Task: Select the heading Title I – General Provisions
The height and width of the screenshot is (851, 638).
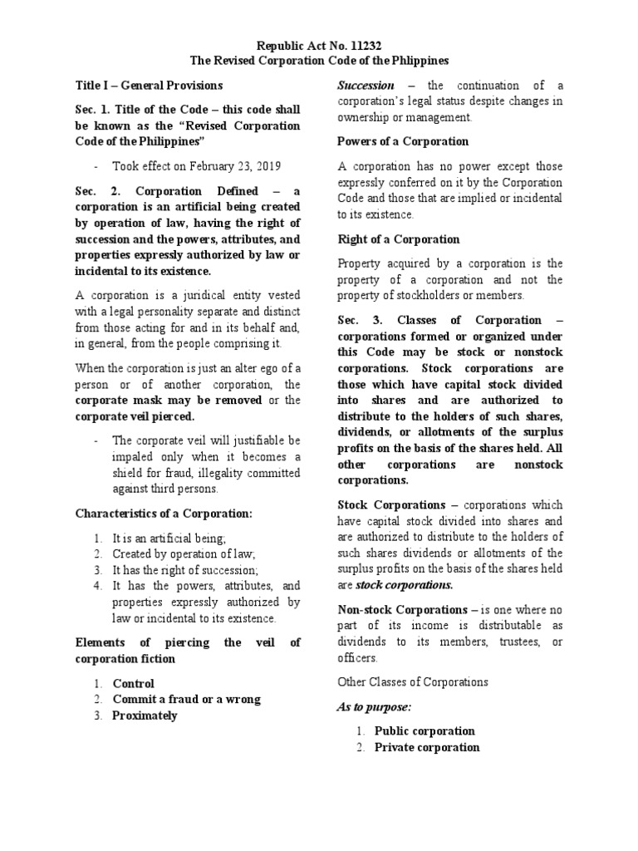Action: [149, 85]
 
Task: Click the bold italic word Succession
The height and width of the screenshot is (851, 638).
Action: [366, 85]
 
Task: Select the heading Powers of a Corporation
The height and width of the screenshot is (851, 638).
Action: [403, 141]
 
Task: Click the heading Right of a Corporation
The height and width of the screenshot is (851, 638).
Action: [398, 239]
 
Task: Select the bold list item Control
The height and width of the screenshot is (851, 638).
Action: [134, 683]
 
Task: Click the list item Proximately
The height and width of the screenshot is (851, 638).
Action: [145, 716]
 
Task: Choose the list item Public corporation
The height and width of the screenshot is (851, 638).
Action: [425, 731]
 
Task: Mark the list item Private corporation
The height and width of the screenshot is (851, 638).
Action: [427, 747]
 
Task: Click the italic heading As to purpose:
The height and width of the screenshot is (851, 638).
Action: [375, 706]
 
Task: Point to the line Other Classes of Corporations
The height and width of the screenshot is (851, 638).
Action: [413, 682]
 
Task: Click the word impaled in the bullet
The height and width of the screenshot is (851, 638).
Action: [135, 458]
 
